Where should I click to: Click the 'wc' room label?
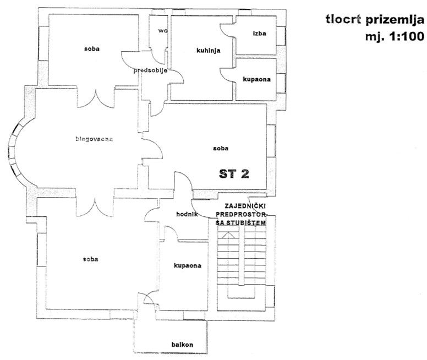pos(162,31)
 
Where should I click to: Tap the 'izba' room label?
pos(259,34)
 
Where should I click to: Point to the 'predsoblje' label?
pos(150,70)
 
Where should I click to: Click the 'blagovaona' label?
pos(94,139)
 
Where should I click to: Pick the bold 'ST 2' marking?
pos(234,174)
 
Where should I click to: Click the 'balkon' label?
pos(182,345)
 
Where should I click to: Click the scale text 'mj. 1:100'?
pos(392,37)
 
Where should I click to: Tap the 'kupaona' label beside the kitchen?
pos(256,80)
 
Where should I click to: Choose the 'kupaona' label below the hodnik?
pos(187,266)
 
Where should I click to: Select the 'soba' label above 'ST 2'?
pos(220,148)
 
